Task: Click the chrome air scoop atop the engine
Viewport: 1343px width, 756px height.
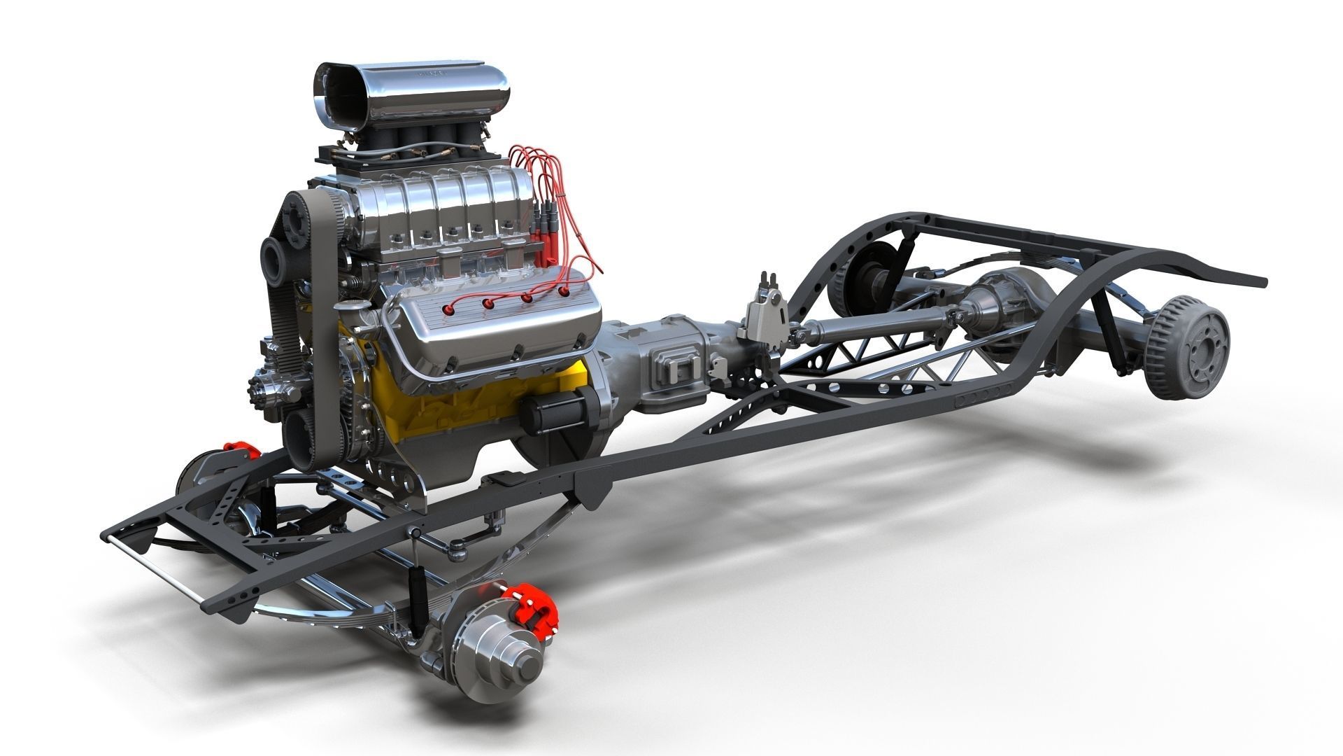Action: [413, 91]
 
